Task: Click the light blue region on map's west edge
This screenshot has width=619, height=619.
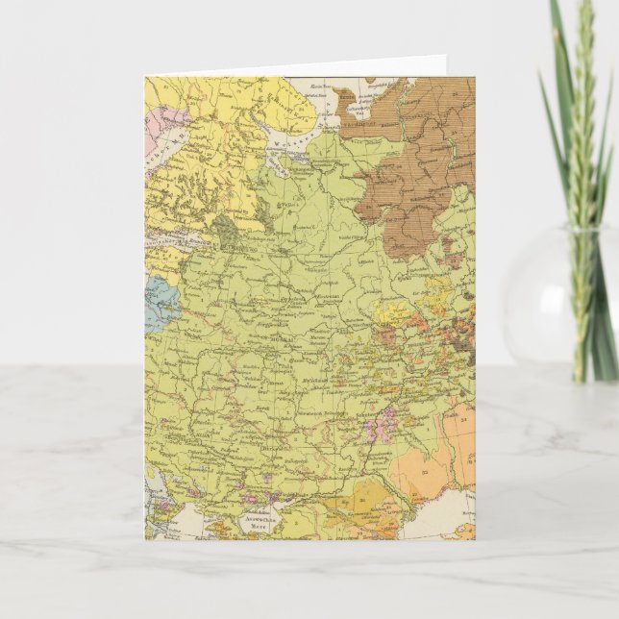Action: point(159,305)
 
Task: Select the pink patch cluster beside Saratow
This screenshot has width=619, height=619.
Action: point(386,419)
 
